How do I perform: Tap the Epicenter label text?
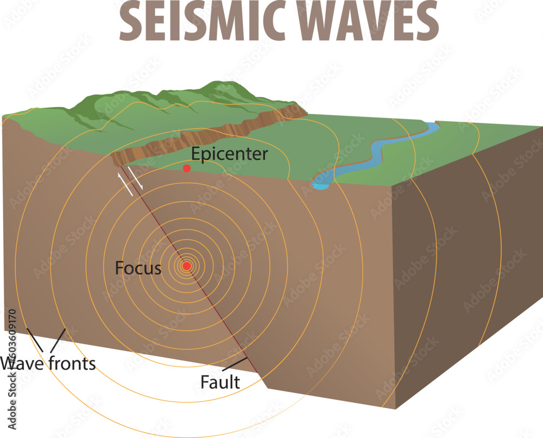tap(230, 154)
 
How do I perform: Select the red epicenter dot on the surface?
tap(187, 168)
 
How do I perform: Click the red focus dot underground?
tap(187, 266)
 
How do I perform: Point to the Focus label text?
tap(138, 268)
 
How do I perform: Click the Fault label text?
tap(220, 382)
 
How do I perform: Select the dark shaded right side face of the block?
tap(467, 272)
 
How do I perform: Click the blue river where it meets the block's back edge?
tap(432, 126)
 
